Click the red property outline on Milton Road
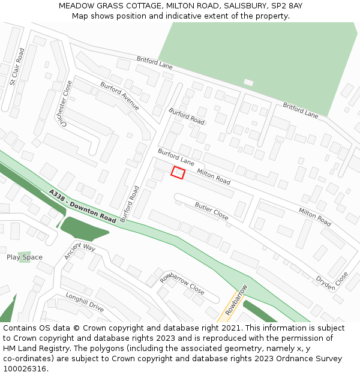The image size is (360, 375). pos(178,172)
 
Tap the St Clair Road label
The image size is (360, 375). pos(17,67)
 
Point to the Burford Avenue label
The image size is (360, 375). pos(120,96)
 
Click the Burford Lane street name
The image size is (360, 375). pos(176,157)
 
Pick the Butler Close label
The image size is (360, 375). pos(211,211)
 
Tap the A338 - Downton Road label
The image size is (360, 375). pos(83,206)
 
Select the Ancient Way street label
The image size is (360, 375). pos(80,251)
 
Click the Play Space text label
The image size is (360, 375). pos(25,257)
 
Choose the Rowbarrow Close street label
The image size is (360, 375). pos(182,283)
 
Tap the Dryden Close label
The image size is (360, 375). pos(332,280)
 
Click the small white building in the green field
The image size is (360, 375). pos(248,82)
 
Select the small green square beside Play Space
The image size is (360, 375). pos(25,257)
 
